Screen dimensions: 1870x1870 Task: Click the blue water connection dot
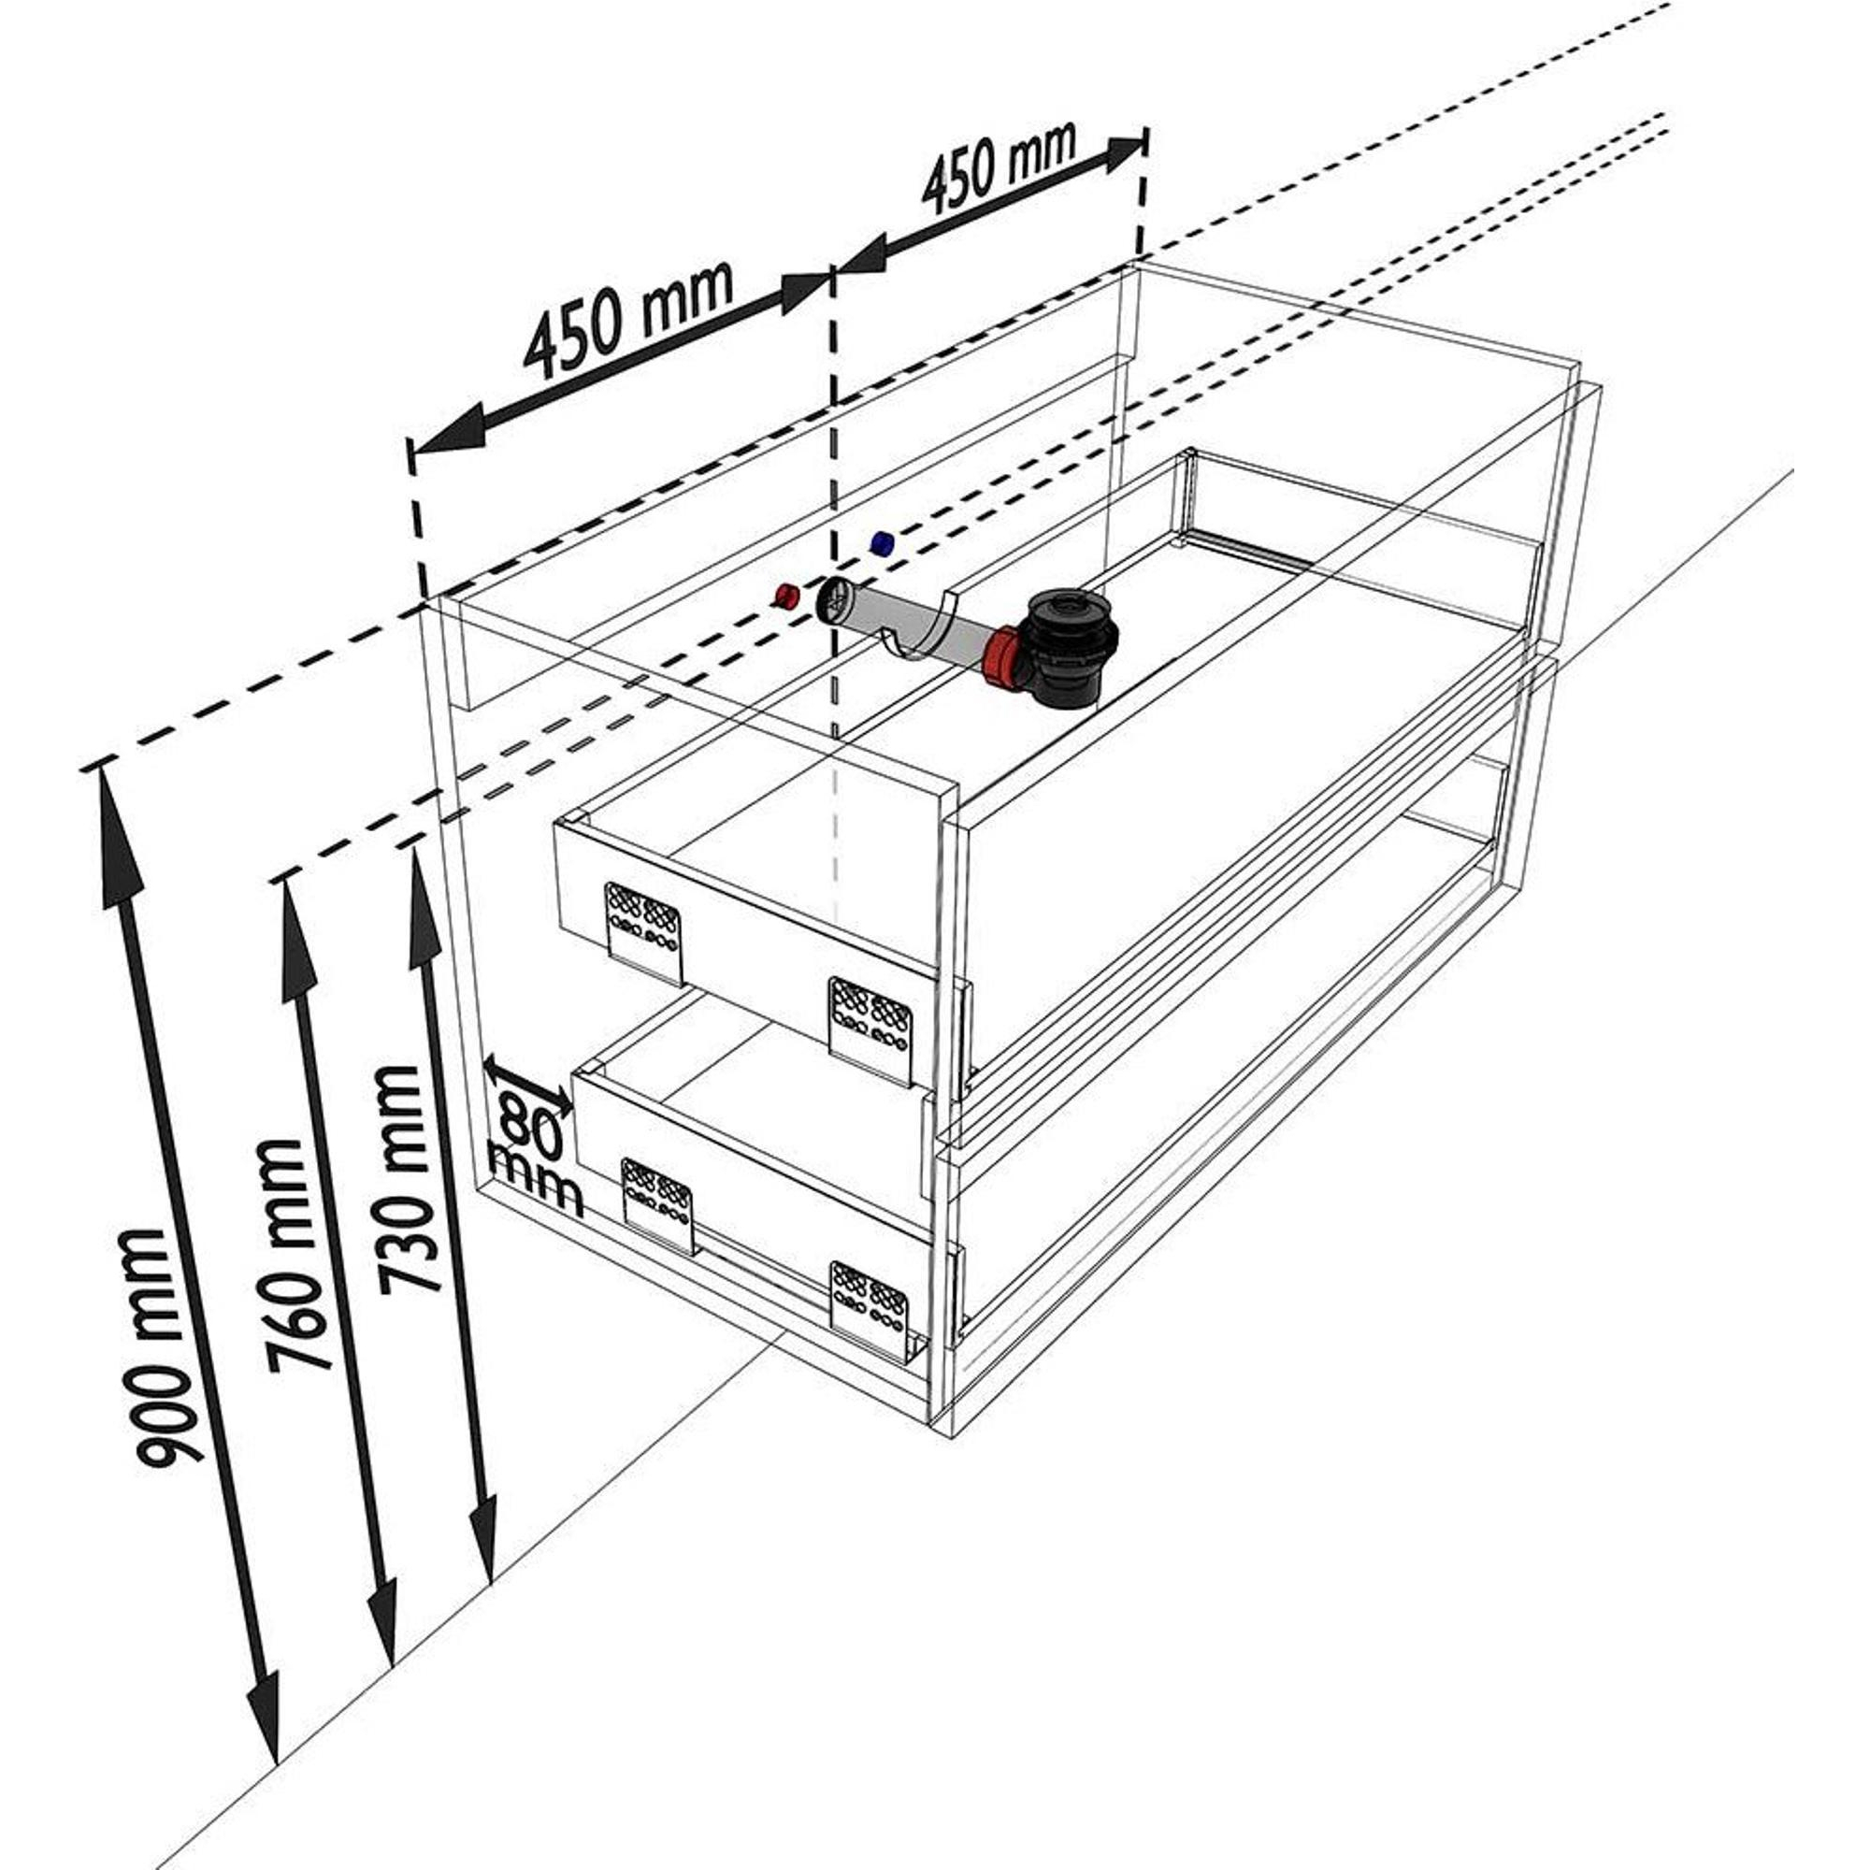click(x=881, y=543)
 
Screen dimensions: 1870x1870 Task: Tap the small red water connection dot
click(x=784, y=596)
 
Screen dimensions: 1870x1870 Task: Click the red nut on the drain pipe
click(x=1000, y=658)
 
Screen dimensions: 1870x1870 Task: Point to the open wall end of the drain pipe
click(x=834, y=602)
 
